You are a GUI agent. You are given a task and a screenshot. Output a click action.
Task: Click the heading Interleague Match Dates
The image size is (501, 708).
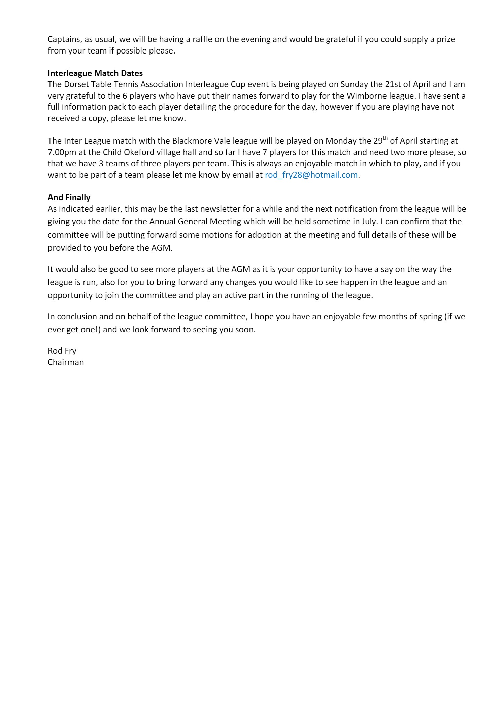click(x=95, y=73)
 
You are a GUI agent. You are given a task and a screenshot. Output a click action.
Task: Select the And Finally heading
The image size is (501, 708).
click(x=69, y=197)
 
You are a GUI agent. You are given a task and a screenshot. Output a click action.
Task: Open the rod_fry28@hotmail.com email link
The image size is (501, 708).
click(x=311, y=175)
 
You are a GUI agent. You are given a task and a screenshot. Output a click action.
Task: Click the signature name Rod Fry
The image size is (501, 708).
click(x=62, y=351)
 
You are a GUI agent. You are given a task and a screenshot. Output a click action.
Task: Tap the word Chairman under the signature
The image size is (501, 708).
click(x=66, y=362)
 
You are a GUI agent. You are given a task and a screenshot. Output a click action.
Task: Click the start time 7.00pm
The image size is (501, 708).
click(x=62, y=152)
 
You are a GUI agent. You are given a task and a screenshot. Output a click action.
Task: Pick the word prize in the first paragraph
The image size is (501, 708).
click(x=446, y=39)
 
